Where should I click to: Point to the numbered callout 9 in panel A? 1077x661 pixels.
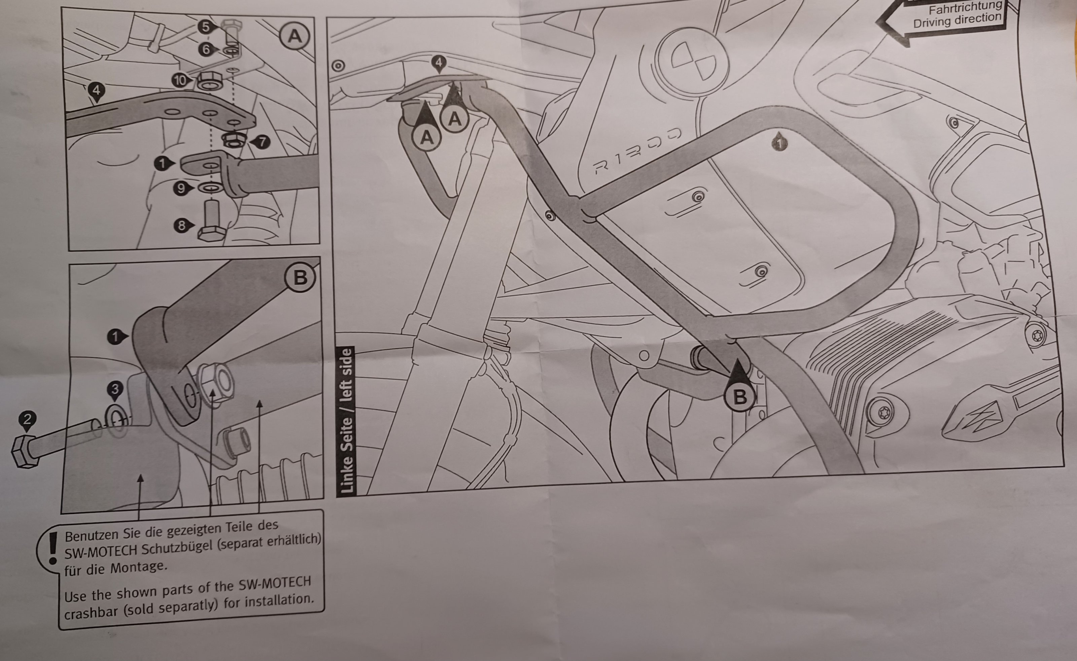point(180,188)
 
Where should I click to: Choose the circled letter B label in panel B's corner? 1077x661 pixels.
point(300,277)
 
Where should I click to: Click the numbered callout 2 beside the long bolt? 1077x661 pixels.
point(27,420)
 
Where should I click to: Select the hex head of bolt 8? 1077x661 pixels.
point(212,234)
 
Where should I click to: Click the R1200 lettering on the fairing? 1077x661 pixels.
point(637,151)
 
